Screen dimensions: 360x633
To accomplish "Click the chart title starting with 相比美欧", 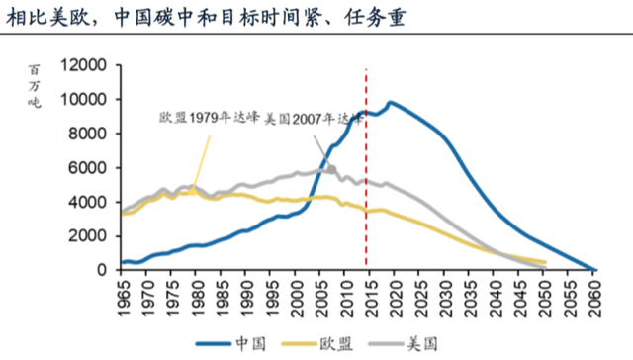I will (187, 19).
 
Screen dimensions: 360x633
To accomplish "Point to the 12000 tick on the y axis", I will (82, 65).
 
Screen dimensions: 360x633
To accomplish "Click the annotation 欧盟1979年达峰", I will (210, 117).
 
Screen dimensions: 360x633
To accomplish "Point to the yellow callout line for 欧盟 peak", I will (202, 158).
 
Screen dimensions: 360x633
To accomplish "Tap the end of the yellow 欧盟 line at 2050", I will (544, 263).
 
